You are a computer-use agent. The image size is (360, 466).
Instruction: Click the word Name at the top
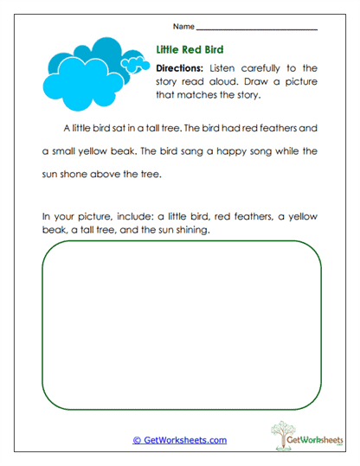[183, 28]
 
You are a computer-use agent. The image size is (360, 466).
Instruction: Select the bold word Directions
[180, 67]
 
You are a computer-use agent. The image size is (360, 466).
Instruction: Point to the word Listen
[223, 67]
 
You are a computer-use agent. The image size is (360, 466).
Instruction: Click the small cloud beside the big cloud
[132, 62]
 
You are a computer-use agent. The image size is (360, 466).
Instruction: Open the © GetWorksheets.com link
[179, 440]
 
